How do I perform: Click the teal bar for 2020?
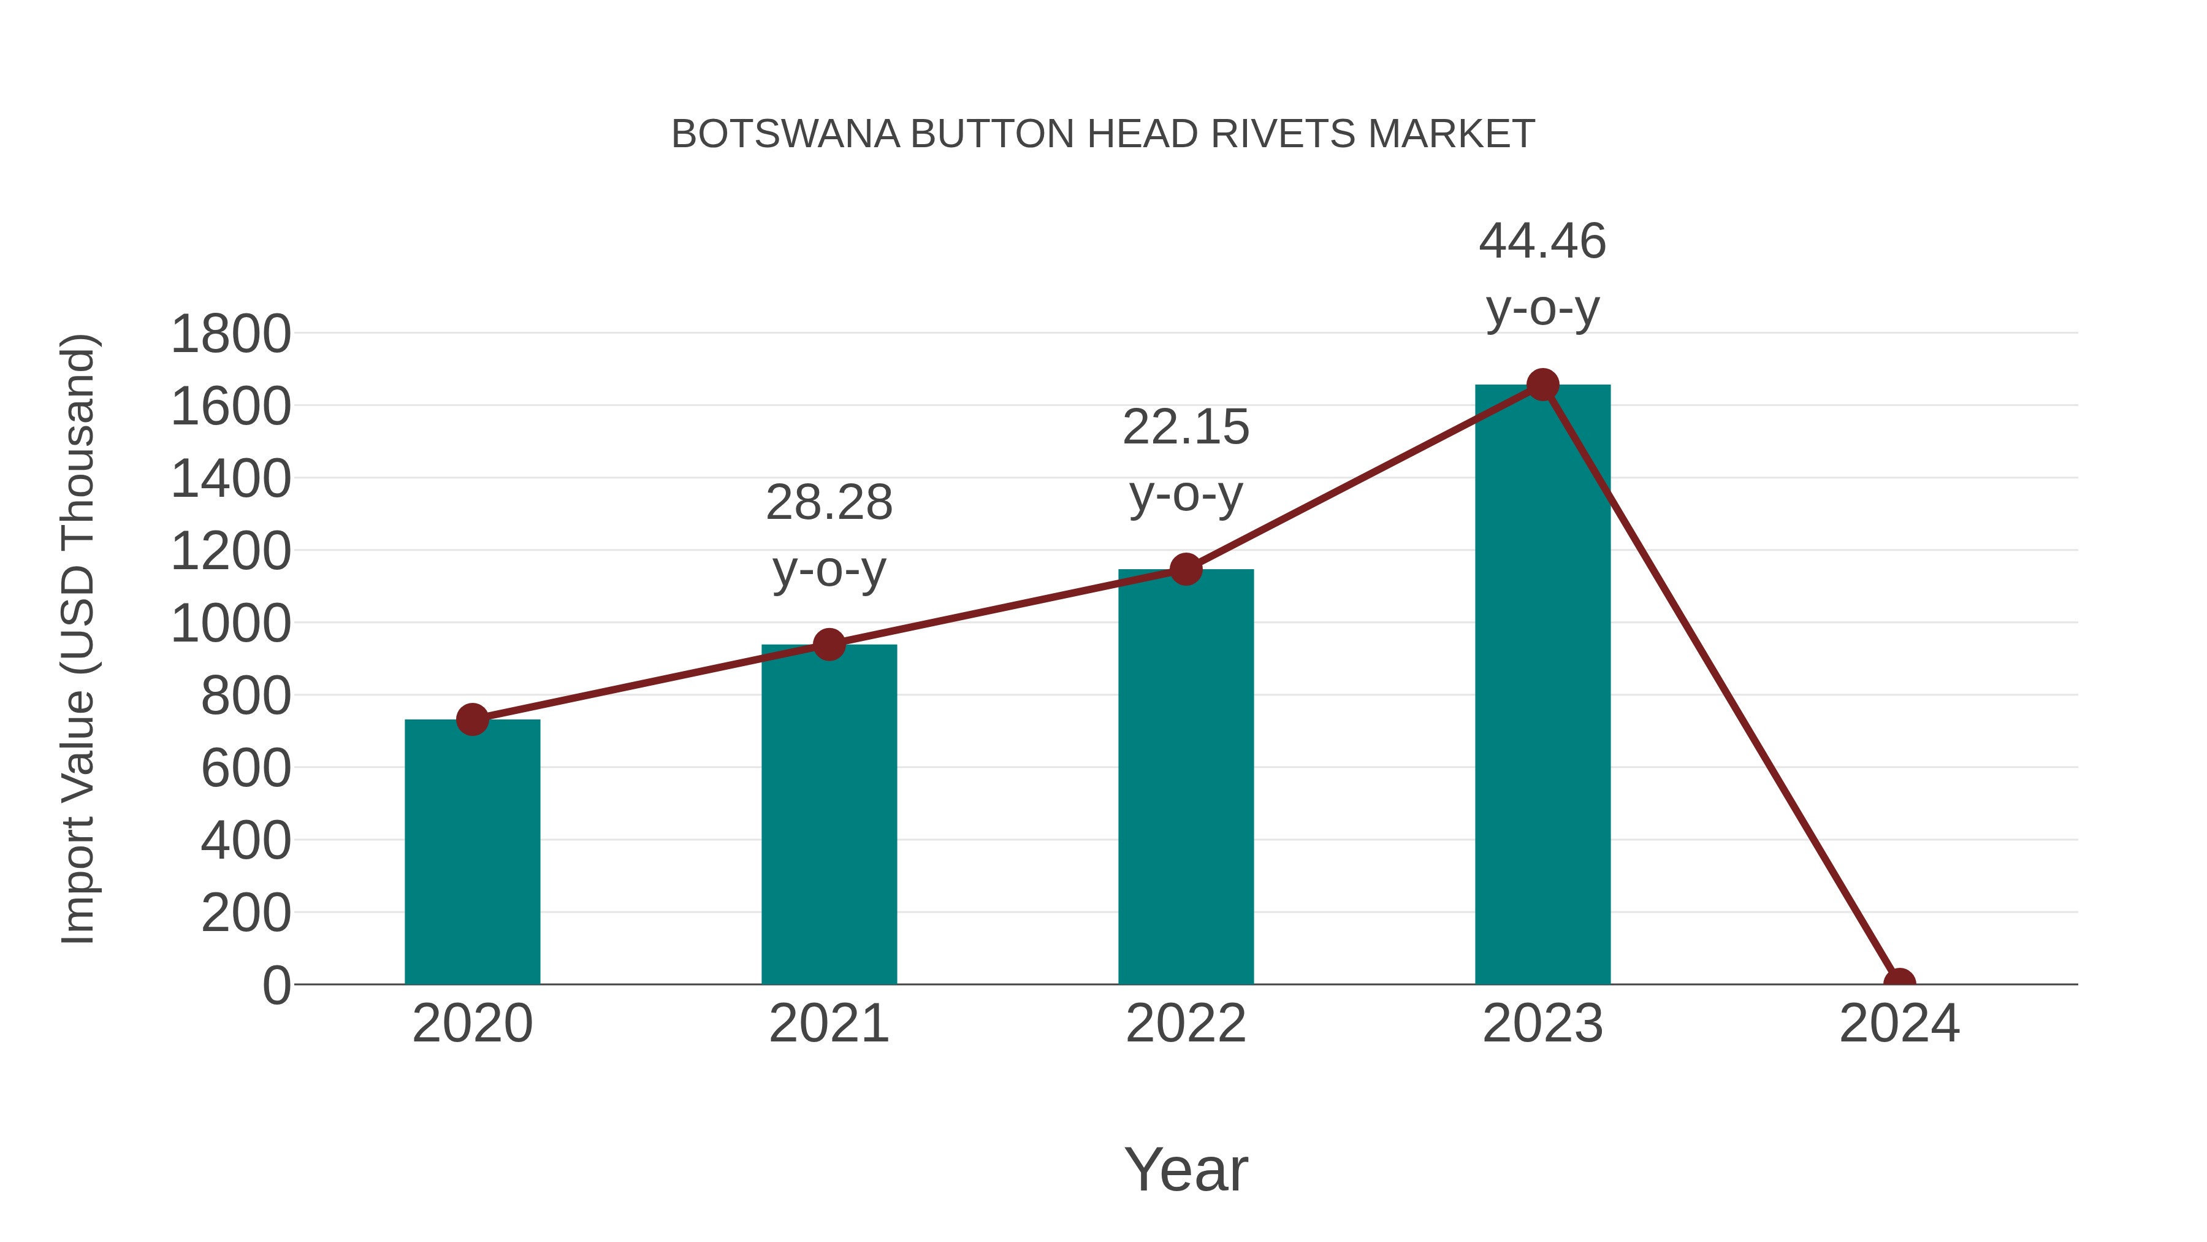pos(472,853)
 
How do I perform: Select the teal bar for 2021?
pos(828,815)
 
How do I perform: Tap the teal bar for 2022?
pos(1186,776)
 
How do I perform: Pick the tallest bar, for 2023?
pos(1542,686)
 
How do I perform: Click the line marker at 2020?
pos(472,719)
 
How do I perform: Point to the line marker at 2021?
pos(828,644)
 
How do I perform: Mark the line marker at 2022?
pos(1186,569)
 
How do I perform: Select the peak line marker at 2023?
pos(1542,385)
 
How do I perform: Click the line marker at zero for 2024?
pos(1899,983)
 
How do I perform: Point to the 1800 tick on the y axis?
pos(231,334)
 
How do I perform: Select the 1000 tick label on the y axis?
pos(231,623)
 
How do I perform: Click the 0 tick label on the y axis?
pos(276,985)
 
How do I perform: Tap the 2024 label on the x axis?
pos(1899,1024)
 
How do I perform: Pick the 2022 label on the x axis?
pos(1186,1024)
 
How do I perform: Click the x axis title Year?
pos(1186,1169)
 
